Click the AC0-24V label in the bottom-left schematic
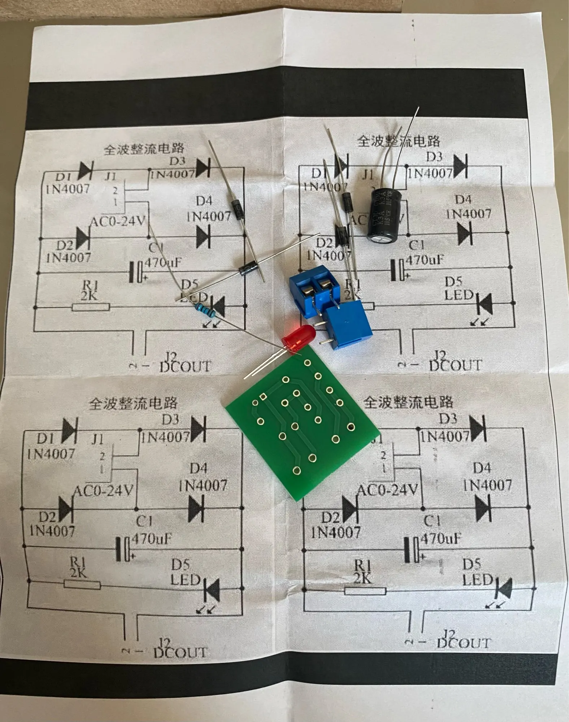coord(103,491)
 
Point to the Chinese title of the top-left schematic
coord(144,148)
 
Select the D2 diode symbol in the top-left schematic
coord(83,238)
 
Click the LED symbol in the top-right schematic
coord(485,303)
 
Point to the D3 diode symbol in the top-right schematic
coord(461,166)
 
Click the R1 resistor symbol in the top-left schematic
coord(91,307)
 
